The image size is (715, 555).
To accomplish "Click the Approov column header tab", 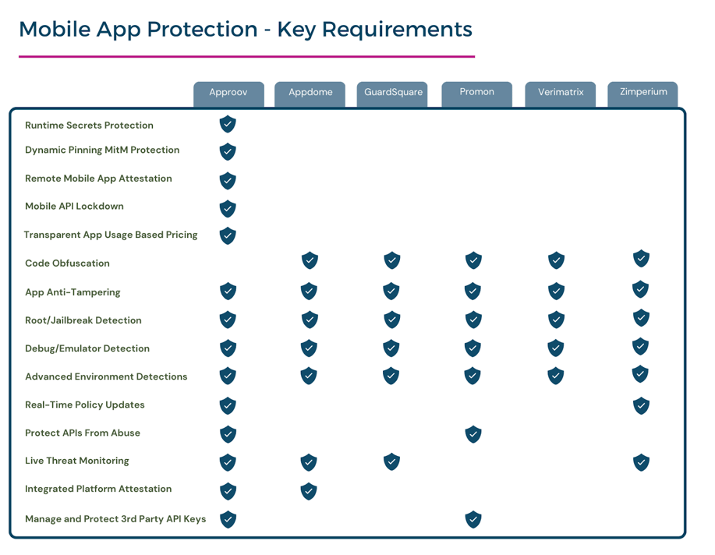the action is (228, 94).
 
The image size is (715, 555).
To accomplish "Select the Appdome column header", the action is (310, 94).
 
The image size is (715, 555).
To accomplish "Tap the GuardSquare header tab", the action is (392, 94).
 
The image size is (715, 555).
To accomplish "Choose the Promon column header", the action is (476, 94).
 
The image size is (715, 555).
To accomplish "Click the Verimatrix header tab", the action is (561, 94).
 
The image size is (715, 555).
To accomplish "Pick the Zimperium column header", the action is (643, 94).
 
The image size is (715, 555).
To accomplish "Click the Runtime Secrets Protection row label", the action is (89, 125).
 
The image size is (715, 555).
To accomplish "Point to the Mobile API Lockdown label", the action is (74, 206).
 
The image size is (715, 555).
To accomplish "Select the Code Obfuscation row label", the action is (68, 263).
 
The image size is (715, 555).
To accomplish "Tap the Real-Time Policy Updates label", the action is (85, 405).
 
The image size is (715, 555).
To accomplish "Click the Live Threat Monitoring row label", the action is (77, 461).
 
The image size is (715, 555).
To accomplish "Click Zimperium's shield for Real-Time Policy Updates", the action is (641, 405).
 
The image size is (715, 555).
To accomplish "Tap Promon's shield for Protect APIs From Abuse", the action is (473, 434).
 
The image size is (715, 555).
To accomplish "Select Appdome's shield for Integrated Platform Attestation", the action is (309, 491).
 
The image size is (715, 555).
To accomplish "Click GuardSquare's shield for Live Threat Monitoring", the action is (391, 462).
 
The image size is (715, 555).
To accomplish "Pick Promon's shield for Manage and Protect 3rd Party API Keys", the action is (473, 519).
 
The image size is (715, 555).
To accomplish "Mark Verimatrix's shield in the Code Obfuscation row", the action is (556, 260).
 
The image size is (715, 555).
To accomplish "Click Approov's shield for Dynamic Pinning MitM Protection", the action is (228, 152).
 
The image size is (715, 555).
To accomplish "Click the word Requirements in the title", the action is (397, 30).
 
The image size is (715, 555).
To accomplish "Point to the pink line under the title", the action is (246, 57).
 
